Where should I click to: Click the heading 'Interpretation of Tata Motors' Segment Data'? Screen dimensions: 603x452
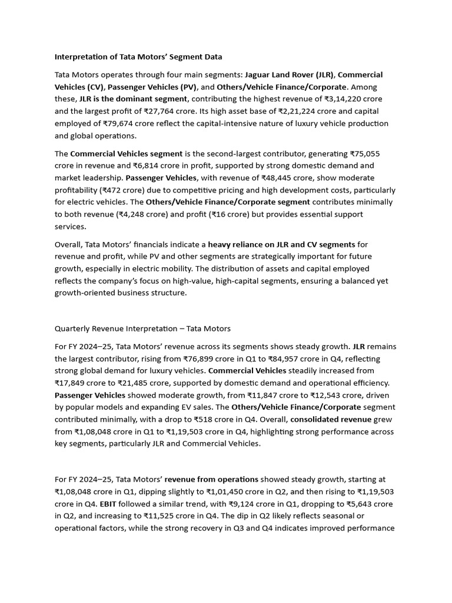click(138, 57)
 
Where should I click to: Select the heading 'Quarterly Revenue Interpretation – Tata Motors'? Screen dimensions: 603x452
click(142, 329)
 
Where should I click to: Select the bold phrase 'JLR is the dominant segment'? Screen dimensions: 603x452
click(134, 99)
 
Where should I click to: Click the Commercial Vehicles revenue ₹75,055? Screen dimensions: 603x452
click(368, 154)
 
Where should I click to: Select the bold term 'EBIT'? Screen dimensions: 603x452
click(91, 504)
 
